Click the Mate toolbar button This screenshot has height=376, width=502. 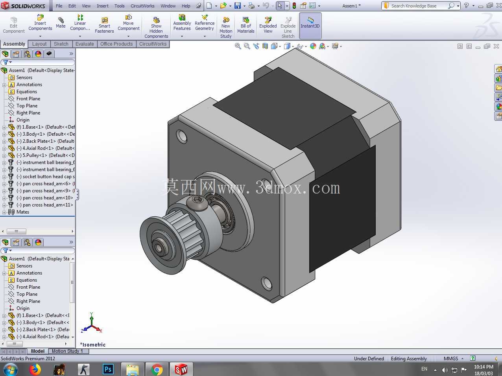(x=61, y=23)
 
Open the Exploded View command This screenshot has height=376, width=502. (x=268, y=25)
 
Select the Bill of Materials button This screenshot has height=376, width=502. (x=245, y=25)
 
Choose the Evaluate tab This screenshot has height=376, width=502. (x=85, y=44)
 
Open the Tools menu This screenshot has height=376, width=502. (x=119, y=6)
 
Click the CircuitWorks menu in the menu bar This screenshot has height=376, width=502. (x=142, y=6)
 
